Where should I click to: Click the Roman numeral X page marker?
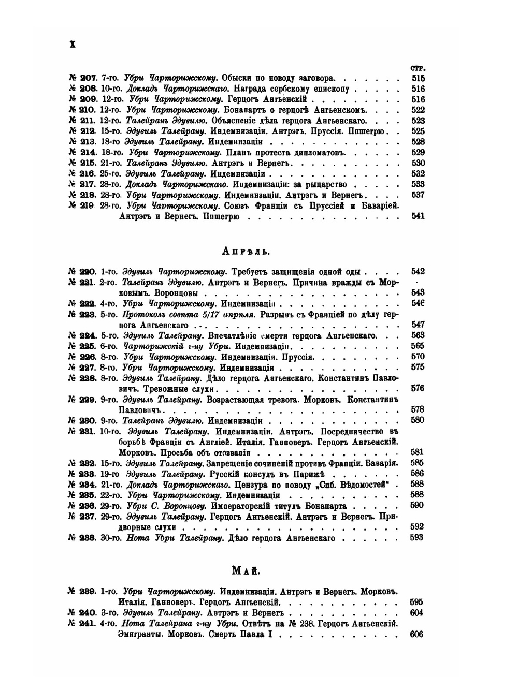click(73, 45)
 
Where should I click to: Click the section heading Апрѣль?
click(247, 251)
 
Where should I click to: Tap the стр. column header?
click(418, 68)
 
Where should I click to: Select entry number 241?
click(82, 623)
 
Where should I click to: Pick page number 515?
click(418, 78)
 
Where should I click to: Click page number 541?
click(418, 216)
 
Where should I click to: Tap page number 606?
click(416, 635)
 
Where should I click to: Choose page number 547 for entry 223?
click(418, 325)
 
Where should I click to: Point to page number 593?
click(416, 538)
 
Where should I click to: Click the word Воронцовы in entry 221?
click(179, 292)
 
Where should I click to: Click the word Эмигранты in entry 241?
click(137, 635)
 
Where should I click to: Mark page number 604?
click(416, 613)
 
